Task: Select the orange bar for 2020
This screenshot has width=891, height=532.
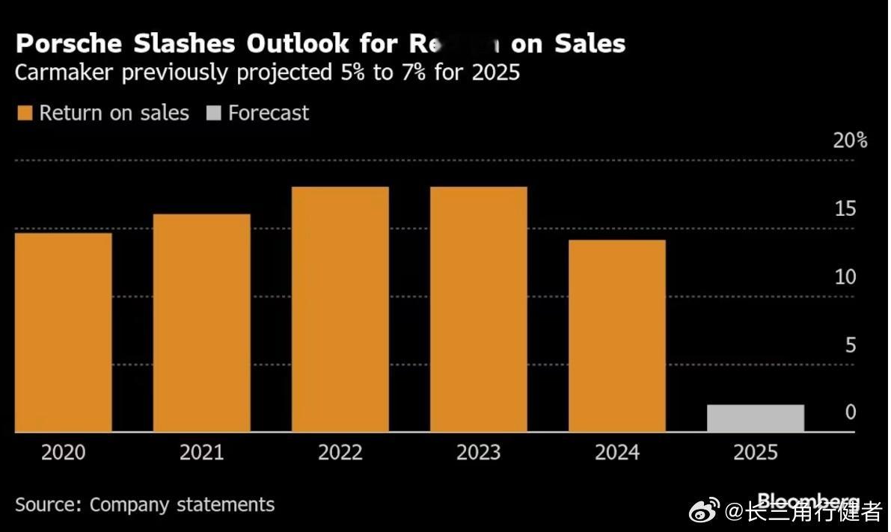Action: (64, 332)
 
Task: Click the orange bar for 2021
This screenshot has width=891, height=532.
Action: (202, 323)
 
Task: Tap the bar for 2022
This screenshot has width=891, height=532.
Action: (340, 309)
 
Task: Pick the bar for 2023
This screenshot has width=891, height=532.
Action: (479, 309)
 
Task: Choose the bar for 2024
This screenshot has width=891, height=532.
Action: (617, 336)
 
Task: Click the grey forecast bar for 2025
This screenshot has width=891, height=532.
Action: (756, 418)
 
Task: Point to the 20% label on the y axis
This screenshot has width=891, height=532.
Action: (851, 140)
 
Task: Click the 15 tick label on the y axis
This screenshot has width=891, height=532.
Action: (845, 208)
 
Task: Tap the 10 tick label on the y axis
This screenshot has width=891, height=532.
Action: (845, 277)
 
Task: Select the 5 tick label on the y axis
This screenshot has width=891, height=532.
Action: (851, 345)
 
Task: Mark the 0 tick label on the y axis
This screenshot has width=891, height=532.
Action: (851, 412)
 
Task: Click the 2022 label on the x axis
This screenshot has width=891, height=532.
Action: (340, 453)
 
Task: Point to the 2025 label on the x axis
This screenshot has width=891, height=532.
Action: (756, 453)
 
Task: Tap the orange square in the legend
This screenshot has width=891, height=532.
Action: (25, 114)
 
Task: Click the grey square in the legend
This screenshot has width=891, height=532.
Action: (213, 114)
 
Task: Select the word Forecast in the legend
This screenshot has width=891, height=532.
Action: (269, 114)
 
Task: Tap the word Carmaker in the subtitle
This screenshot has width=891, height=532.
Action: (65, 73)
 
